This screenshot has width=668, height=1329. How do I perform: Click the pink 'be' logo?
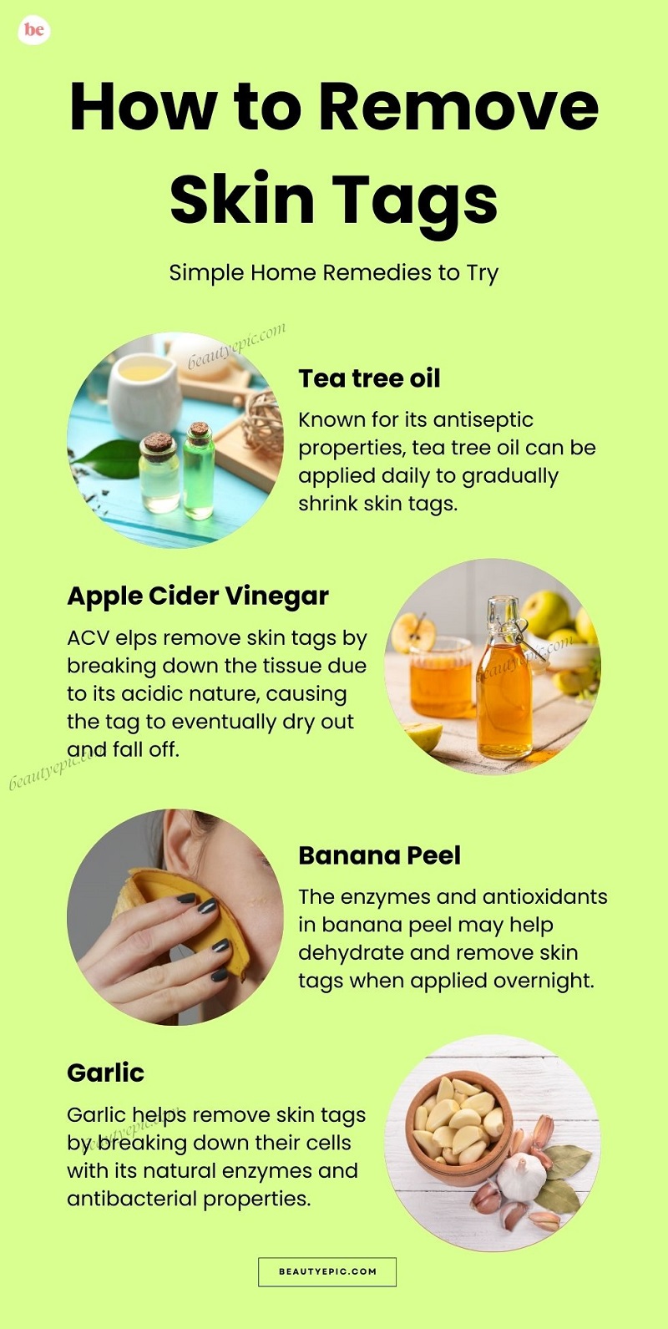point(33,30)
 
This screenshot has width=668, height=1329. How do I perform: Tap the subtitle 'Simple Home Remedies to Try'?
point(333,273)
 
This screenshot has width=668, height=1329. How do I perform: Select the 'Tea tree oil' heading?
point(369,378)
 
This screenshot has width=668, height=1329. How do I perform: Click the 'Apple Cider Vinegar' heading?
point(198,596)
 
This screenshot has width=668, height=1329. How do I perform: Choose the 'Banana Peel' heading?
point(380,855)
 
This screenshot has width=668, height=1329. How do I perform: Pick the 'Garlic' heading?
point(105,1073)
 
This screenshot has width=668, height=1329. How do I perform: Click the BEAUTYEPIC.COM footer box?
point(327,1271)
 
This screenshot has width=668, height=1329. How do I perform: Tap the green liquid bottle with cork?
point(199,471)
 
